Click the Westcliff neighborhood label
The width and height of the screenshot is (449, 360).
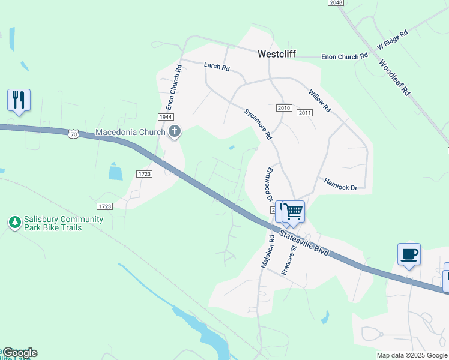277,53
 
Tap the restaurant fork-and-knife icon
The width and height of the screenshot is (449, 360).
19,100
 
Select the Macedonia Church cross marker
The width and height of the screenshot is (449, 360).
175,132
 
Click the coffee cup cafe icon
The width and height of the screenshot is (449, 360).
409,254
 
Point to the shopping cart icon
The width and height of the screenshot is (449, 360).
293,211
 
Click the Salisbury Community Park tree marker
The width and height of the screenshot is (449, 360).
15,223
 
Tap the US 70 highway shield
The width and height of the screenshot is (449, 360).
73,133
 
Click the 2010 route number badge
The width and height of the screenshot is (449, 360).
284,108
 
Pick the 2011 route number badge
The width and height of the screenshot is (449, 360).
305,113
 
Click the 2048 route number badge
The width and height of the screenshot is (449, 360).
336,3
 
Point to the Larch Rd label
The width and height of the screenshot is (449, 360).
217,67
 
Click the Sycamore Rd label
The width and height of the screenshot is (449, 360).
258,124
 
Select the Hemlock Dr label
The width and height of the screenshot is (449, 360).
340,184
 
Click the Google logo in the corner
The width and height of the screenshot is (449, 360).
19,353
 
